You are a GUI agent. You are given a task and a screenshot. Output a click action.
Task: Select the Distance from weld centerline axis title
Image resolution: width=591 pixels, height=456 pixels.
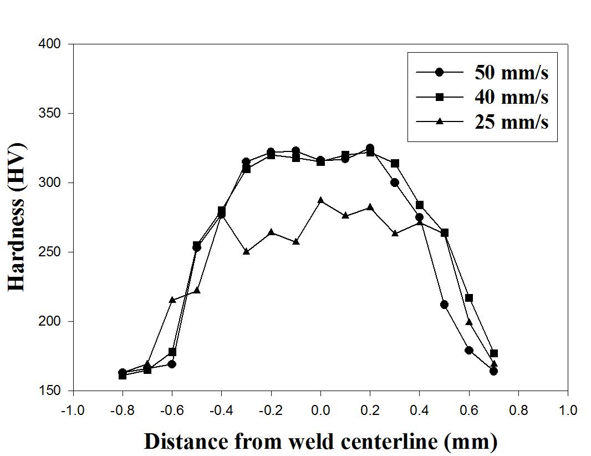click(320, 441)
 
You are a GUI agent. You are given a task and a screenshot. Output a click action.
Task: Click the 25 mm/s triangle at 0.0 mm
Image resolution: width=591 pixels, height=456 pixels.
click(320, 200)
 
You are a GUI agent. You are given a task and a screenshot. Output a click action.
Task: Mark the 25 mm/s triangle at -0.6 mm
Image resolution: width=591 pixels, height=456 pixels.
click(172, 300)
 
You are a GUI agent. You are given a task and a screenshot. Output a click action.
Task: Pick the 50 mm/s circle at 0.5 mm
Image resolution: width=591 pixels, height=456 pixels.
click(444, 304)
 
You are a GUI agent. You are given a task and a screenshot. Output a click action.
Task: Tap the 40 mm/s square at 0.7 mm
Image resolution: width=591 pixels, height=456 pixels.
click(494, 353)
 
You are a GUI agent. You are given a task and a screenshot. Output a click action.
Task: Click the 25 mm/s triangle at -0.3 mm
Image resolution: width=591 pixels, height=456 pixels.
click(246, 251)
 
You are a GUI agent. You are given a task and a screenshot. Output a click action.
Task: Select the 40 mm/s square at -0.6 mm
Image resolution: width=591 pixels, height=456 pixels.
click(172, 352)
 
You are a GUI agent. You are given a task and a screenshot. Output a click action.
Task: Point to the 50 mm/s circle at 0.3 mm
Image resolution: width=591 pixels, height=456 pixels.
click(395, 183)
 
